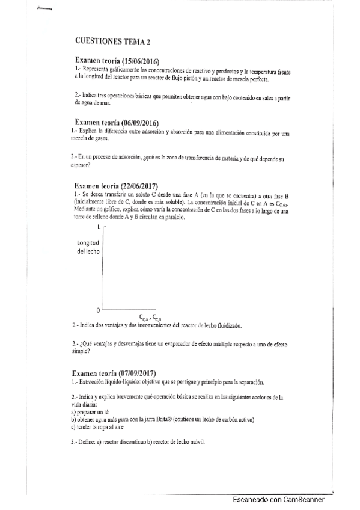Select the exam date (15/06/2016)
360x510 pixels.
click(147, 61)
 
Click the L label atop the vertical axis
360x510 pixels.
click(98, 227)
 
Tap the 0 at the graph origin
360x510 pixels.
click(98, 310)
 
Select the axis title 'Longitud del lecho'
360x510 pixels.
click(87, 247)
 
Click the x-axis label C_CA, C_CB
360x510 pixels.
click(150, 317)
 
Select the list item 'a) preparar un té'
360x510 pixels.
click(87, 413)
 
